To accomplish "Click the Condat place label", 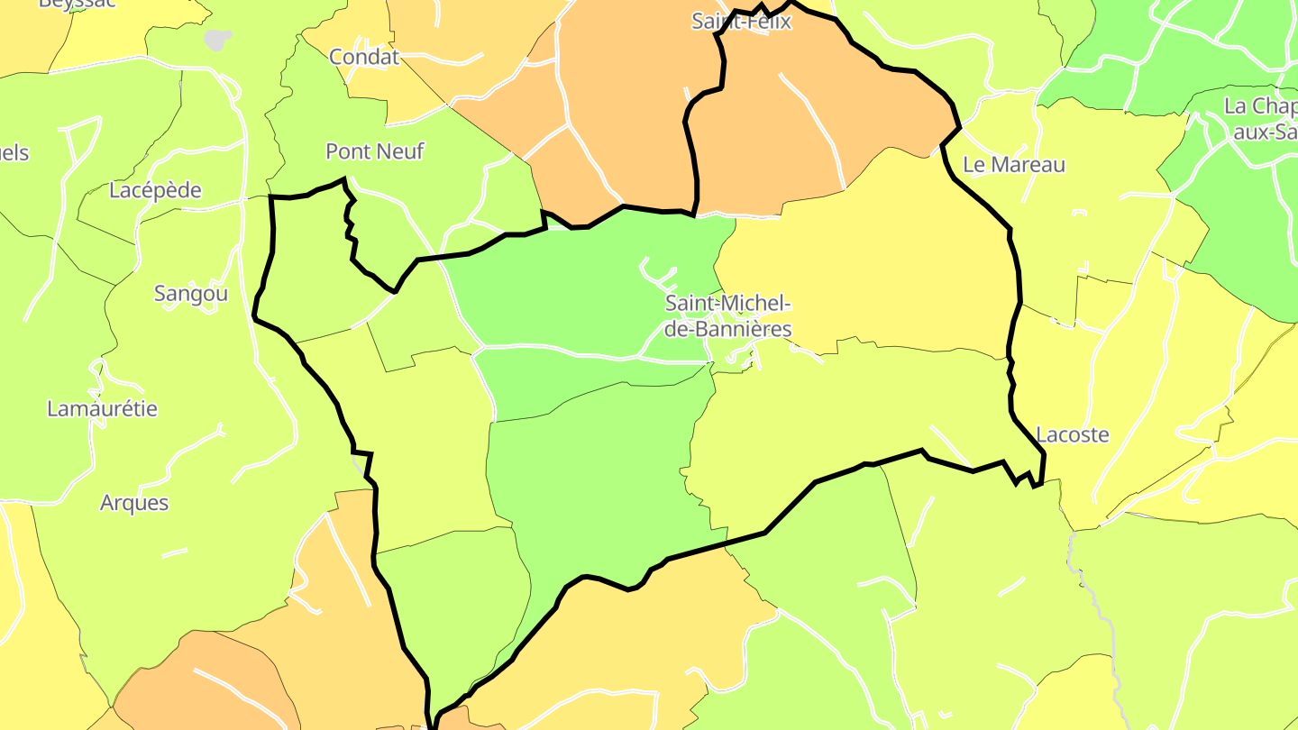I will tap(364, 57).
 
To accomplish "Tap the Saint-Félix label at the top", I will tap(741, 21).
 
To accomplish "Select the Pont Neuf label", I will tap(374, 151).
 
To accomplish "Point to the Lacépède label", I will tap(155, 190).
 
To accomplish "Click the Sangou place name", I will tap(191, 293).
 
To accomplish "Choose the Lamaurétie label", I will tap(102, 408).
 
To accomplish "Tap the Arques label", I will tap(134, 502).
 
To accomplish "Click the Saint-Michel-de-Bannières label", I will tap(728, 315).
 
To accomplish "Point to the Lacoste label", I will tap(1073, 434).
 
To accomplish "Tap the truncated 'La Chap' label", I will tap(1260, 106).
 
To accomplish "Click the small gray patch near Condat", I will tap(218, 40).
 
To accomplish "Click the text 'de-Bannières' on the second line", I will tap(728, 329).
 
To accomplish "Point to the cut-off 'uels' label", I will tap(14, 152).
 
